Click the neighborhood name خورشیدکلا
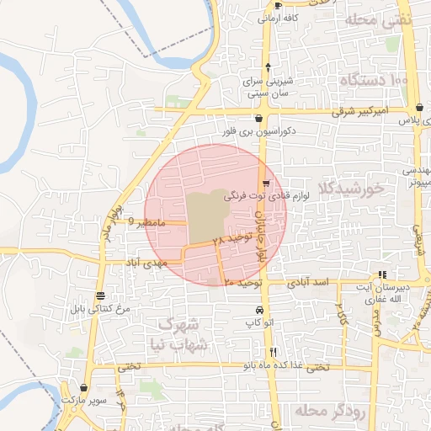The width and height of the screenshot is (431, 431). pyautogui.click(x=352, y=188)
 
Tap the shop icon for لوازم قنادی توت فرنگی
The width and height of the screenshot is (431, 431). pyautogui.click(x=266, y=184)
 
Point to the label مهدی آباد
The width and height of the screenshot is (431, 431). pyautogui.click(x=146, y=263)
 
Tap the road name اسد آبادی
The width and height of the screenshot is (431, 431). pyautogui.click(x=308, y=284)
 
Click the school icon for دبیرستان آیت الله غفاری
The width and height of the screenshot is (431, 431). pyautogui.click(x=383, y=274)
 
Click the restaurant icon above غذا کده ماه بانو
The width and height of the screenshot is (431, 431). pyautogui.click(x=272, y=352)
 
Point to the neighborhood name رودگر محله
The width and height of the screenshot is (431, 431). pyautogui.click(x=327, y=409)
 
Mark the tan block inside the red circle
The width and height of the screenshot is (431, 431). pyautogui.click(x=206, y=215)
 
